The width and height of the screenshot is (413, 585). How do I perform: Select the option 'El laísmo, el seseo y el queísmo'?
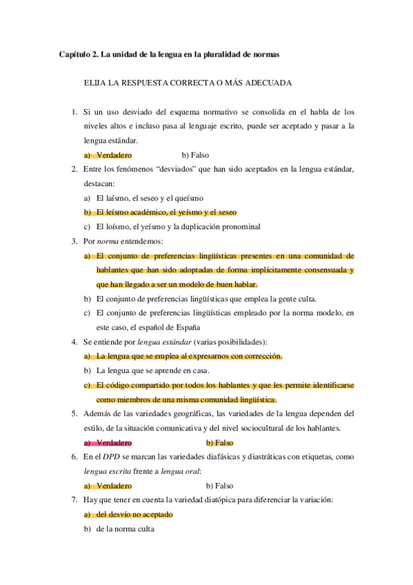157,198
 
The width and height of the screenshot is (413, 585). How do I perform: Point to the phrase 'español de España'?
170,327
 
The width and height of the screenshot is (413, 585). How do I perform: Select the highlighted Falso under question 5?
219,442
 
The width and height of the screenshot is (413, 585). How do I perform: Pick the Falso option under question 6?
219,486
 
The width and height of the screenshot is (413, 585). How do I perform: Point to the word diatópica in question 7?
211,500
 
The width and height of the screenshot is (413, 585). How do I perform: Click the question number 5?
74,413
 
